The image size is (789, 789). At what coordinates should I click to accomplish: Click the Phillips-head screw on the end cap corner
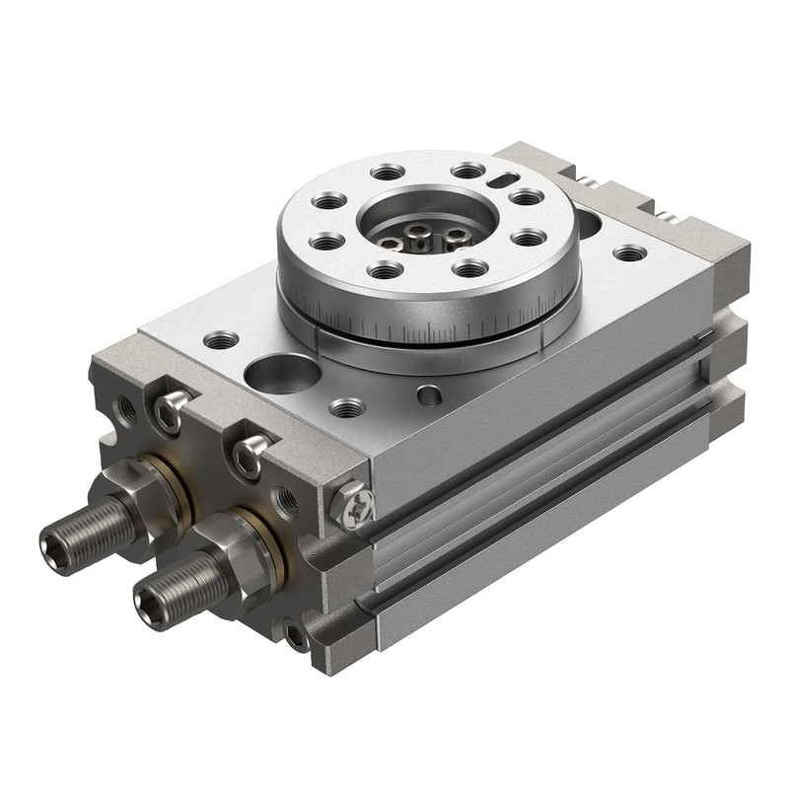tap(354, 505)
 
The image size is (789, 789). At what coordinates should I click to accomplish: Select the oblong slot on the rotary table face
tap(502, 179)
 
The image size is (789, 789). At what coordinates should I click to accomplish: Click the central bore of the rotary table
tap(421, 229)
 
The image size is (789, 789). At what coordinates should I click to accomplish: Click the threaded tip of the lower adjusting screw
tap(149, 601)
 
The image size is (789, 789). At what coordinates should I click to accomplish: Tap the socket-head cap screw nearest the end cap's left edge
tap(170, 412)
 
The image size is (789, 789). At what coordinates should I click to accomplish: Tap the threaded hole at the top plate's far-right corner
tap(629, 253)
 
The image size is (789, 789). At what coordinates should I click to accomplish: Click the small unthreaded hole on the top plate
tap(429, 395)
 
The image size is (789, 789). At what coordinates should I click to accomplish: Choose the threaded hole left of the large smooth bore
tap(221, 341)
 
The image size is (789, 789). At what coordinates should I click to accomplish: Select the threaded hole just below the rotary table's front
tap(347, 406)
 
